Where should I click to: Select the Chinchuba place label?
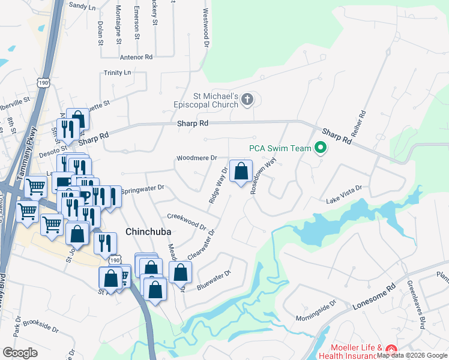click(x=148, y=232)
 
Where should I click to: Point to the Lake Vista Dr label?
click(x=345, y=193)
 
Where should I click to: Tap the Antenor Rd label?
click(x=136, y=57)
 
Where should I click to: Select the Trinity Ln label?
click(x=117, y=73)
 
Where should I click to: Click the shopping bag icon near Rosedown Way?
click(x=241, y=171)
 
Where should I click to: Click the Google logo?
click(x=20, y=353)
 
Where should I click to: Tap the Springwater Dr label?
click(x=143, y=190)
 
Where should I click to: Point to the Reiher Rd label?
click(x=361, y=122)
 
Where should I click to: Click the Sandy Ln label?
click(x=82, y=5)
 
